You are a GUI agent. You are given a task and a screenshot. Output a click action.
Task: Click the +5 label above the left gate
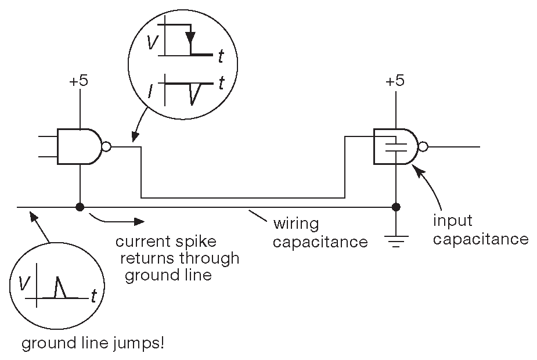coord(78,82)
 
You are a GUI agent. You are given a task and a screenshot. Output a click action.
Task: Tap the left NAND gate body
coord(79,146)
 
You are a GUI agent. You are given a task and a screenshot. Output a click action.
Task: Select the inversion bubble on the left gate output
coord(106,146)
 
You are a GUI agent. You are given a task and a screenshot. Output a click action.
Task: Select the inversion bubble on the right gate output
coord(423,147)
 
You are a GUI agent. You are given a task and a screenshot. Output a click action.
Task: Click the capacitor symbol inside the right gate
coord(395,145)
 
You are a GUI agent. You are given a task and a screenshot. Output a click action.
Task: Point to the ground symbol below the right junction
coord(396,239)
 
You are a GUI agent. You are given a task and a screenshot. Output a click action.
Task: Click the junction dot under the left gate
coord(79,207)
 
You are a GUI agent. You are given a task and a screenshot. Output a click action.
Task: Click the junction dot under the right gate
coord(396,207)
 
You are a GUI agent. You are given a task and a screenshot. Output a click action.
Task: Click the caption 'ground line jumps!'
coord(93,344)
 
